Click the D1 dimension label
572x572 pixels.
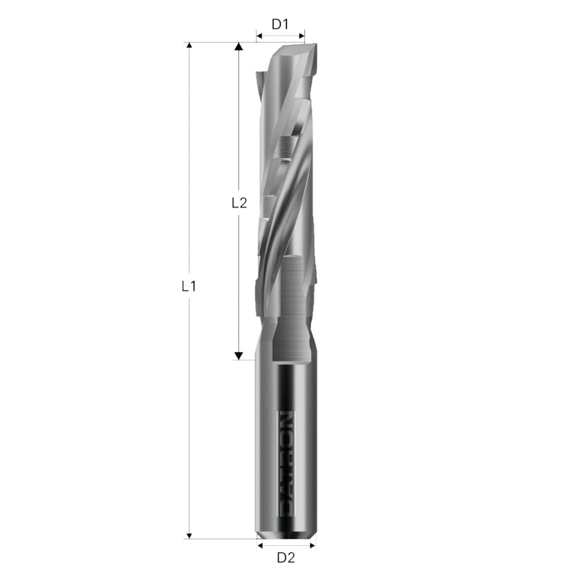pyautogui.click(x=280, y=25)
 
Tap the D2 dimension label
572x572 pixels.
pyautogui.click(x=285, y=557)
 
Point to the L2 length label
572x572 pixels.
pyautogui.click(x=239, y=202)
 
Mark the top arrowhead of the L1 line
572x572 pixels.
pyautogui.click(x=189, y=46)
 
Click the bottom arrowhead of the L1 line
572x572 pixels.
pyautogui.click(x=189, y=534)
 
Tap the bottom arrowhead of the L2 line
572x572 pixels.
pyautogui.click(x=239, y=356)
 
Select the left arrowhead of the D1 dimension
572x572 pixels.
pyautogui.click(x=259, y=37)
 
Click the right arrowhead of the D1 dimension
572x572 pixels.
pyautogui.click(x=301, y=37)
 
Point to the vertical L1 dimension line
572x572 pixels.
pyautogui.click(x=189, y=172)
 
